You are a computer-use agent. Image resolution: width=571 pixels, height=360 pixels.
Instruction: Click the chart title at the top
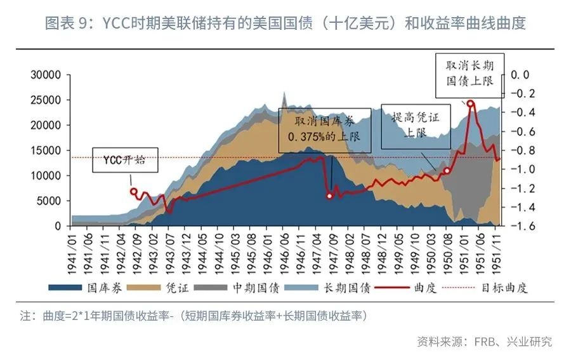285,24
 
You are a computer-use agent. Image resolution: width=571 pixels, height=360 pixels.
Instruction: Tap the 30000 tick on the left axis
46,75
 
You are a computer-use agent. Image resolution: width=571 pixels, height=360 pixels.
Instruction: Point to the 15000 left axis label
46,150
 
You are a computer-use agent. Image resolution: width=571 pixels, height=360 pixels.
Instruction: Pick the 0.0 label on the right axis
520,75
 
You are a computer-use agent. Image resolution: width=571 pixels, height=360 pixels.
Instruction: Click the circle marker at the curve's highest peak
470,103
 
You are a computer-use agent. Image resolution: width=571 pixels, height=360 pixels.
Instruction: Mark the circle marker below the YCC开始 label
133,191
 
